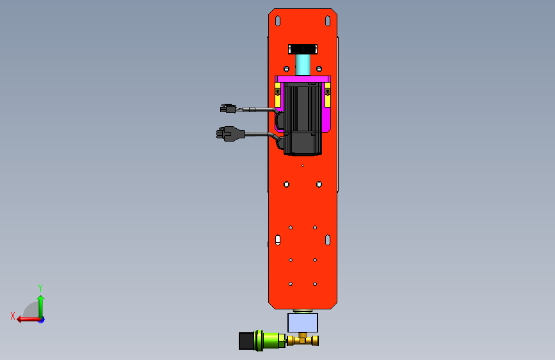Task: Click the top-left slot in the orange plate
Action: pyautogui.click(x=278, y=21)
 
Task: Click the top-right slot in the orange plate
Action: pyautogui.click(x=328, y=21)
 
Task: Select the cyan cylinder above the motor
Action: pyautogui.click(x=303, y=65)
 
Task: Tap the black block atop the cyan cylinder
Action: pyautogui.click(x=303, y=49)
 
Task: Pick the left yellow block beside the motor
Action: pyautogui.click(x=278, y=95)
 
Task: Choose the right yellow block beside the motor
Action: pyautogui.click(x=328, y=95)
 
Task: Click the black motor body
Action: pyautogui.click(x=303, y=119)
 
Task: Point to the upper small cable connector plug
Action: pyautogui.click(x=228, y=108)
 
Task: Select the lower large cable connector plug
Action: pyautogui.click(x=230, y=134)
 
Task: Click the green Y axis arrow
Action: pyautogui.click(x=41, y=306)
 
